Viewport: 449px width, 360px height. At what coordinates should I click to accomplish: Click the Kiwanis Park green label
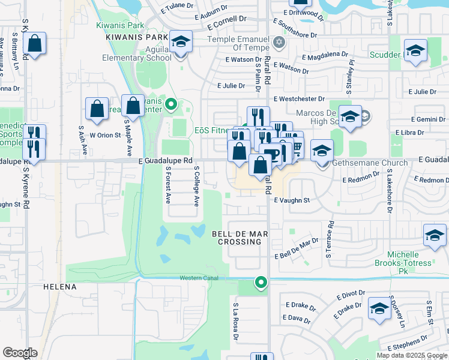(x=120, y=26)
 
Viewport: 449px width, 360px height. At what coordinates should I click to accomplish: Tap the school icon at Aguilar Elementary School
(x=181, y=41)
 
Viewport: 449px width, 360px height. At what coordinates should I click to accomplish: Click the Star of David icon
(x=277, y=43)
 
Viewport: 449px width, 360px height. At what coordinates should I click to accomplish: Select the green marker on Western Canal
(x=261, y=281)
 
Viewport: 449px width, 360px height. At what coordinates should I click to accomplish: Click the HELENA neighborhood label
(x=60, y=287)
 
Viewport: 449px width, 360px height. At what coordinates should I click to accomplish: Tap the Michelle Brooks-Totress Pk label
(x=411, y=259)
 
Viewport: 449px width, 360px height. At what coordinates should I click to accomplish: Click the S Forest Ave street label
(x=169, y=185)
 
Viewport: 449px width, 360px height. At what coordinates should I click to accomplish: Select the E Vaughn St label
(x=292, y=200)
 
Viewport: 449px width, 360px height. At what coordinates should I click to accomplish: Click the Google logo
(x=20, y=353)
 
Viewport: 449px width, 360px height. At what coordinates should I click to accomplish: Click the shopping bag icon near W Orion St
(x=97, y=109)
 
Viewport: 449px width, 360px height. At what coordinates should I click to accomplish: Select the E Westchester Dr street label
(x=298, y=98)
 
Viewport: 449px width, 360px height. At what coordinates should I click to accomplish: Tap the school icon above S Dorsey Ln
(x=379, y=308)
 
